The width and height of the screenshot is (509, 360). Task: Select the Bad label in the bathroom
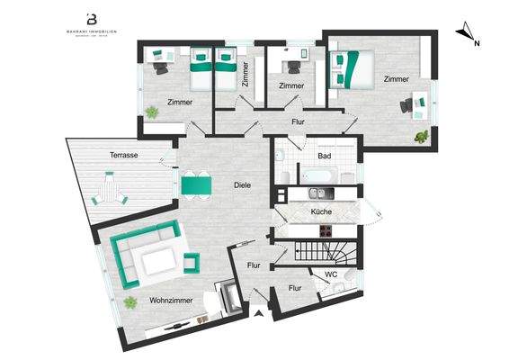tap(325, 156)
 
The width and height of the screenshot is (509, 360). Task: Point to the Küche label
tap(321, 211)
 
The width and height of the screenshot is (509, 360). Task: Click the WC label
tap(330, 274)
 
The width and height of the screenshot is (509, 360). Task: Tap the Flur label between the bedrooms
tap(299, 120)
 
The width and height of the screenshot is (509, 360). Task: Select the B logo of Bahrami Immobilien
tap(91, 18)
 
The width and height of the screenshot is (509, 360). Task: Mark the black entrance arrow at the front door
tap(259, 313)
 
